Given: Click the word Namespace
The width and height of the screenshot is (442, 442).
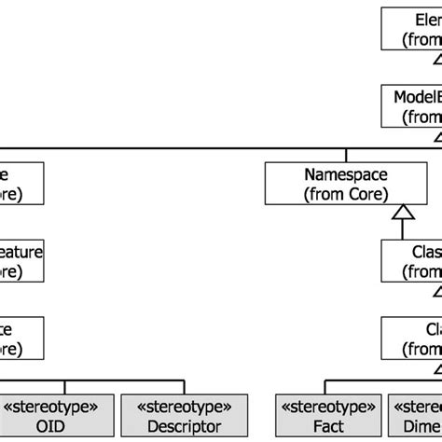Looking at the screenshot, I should [x=346, y=173].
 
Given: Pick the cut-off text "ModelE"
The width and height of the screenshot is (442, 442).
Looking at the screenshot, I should [x=417, y=96].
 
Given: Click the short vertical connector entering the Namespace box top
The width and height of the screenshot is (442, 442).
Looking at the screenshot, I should [x=346, y=155].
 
